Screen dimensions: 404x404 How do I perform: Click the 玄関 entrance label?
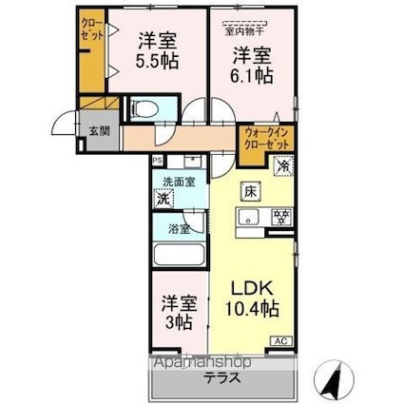coord(99,130)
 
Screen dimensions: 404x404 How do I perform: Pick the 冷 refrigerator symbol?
coord(283,166)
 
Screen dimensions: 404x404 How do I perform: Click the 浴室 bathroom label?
coord(179,229)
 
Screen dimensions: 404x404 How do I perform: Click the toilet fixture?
coord(143,107)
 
